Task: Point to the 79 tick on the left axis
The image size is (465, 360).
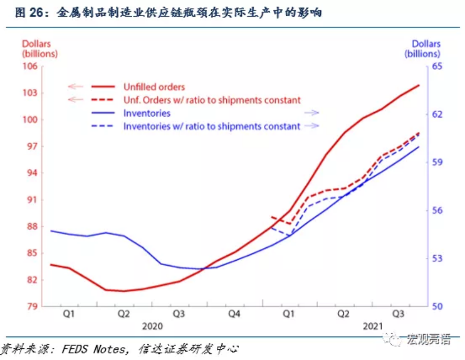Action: click(x=32, y=306)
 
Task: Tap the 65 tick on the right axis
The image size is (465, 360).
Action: click(x=437, y=66)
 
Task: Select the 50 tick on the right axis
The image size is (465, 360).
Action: click(x=437, y=306)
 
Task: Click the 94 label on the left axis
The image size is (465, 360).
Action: click(x=32, y=173)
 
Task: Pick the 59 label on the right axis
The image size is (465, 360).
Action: click(x=437, y=162)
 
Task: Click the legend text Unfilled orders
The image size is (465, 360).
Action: click(x=154, y=87)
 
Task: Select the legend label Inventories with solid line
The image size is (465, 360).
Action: click(x=147, y=113)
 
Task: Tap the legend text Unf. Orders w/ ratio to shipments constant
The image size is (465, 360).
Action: click(x=212, y=100)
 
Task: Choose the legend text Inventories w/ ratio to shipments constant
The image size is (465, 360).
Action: click(x=212, y=126)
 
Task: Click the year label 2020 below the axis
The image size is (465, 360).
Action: click(x=152, y=326)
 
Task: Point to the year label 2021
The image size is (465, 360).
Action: click(x=373, y=326)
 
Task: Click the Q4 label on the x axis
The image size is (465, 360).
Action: click(x=234, y=313)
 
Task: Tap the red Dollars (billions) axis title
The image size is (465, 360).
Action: click(x=40, y=49)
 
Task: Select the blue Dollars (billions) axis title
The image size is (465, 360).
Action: click(x=422, y=49)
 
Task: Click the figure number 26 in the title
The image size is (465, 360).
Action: click(x=36, y=13)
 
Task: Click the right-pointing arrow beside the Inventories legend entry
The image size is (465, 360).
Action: click(x=311, y=113)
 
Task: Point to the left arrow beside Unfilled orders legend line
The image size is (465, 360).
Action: click(x=75, y=87)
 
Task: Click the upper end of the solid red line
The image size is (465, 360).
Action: click(x=418, y=85)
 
